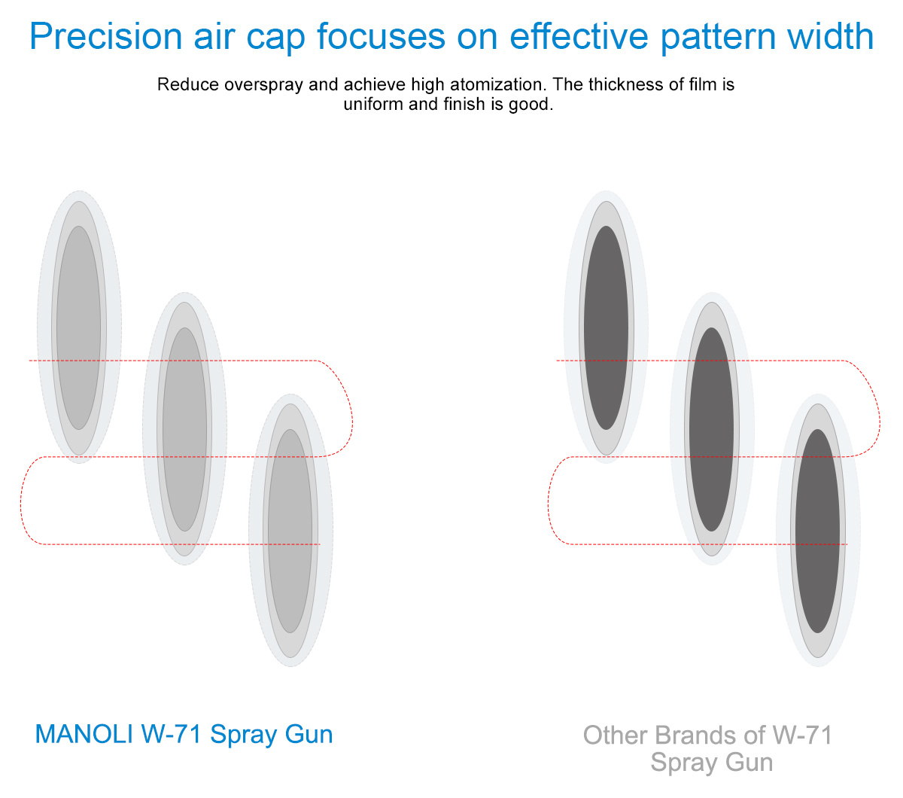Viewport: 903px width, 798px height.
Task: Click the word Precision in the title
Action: pos(106,36)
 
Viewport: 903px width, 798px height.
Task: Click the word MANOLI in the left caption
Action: pos(84,734)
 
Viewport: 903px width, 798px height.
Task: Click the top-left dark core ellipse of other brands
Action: pos(607,327)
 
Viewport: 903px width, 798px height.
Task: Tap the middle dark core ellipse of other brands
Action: pos(712,430)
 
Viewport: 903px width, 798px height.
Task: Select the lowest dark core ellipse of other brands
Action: pos(817,531)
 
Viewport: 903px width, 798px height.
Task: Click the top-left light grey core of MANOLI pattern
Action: pos(79,327)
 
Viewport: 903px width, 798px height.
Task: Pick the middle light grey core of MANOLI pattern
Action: pos(184,430)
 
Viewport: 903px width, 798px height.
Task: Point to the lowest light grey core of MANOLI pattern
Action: pos(290,531)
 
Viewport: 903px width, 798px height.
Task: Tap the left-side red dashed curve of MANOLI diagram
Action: pos(21,501)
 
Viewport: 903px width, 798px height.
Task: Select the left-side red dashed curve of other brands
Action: pos(549,501)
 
